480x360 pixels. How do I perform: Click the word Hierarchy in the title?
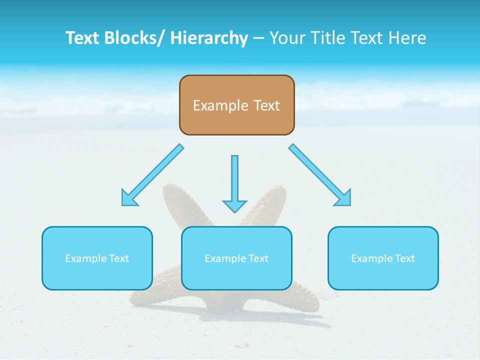209,38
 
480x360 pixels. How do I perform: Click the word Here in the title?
407,38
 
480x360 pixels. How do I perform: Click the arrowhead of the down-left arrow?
128,198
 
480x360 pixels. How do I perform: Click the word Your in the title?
286,38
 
